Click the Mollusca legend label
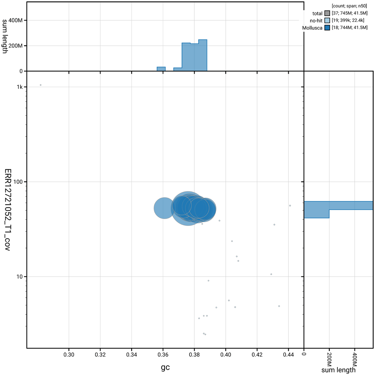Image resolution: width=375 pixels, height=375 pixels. click(312, 28)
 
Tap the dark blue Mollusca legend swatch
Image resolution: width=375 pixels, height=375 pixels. click(327, 28)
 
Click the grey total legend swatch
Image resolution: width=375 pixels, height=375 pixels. click(327, 13)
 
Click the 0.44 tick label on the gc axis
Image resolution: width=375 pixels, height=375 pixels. click(288, 354)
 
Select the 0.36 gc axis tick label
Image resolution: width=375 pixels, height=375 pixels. click(163, 354)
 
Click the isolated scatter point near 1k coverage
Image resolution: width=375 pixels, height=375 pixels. click(40, 85)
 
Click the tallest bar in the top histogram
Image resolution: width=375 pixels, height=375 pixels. click(202, 55)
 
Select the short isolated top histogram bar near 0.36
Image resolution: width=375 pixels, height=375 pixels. click(161, 69)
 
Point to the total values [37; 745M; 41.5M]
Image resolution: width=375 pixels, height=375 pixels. click(348, 13)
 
